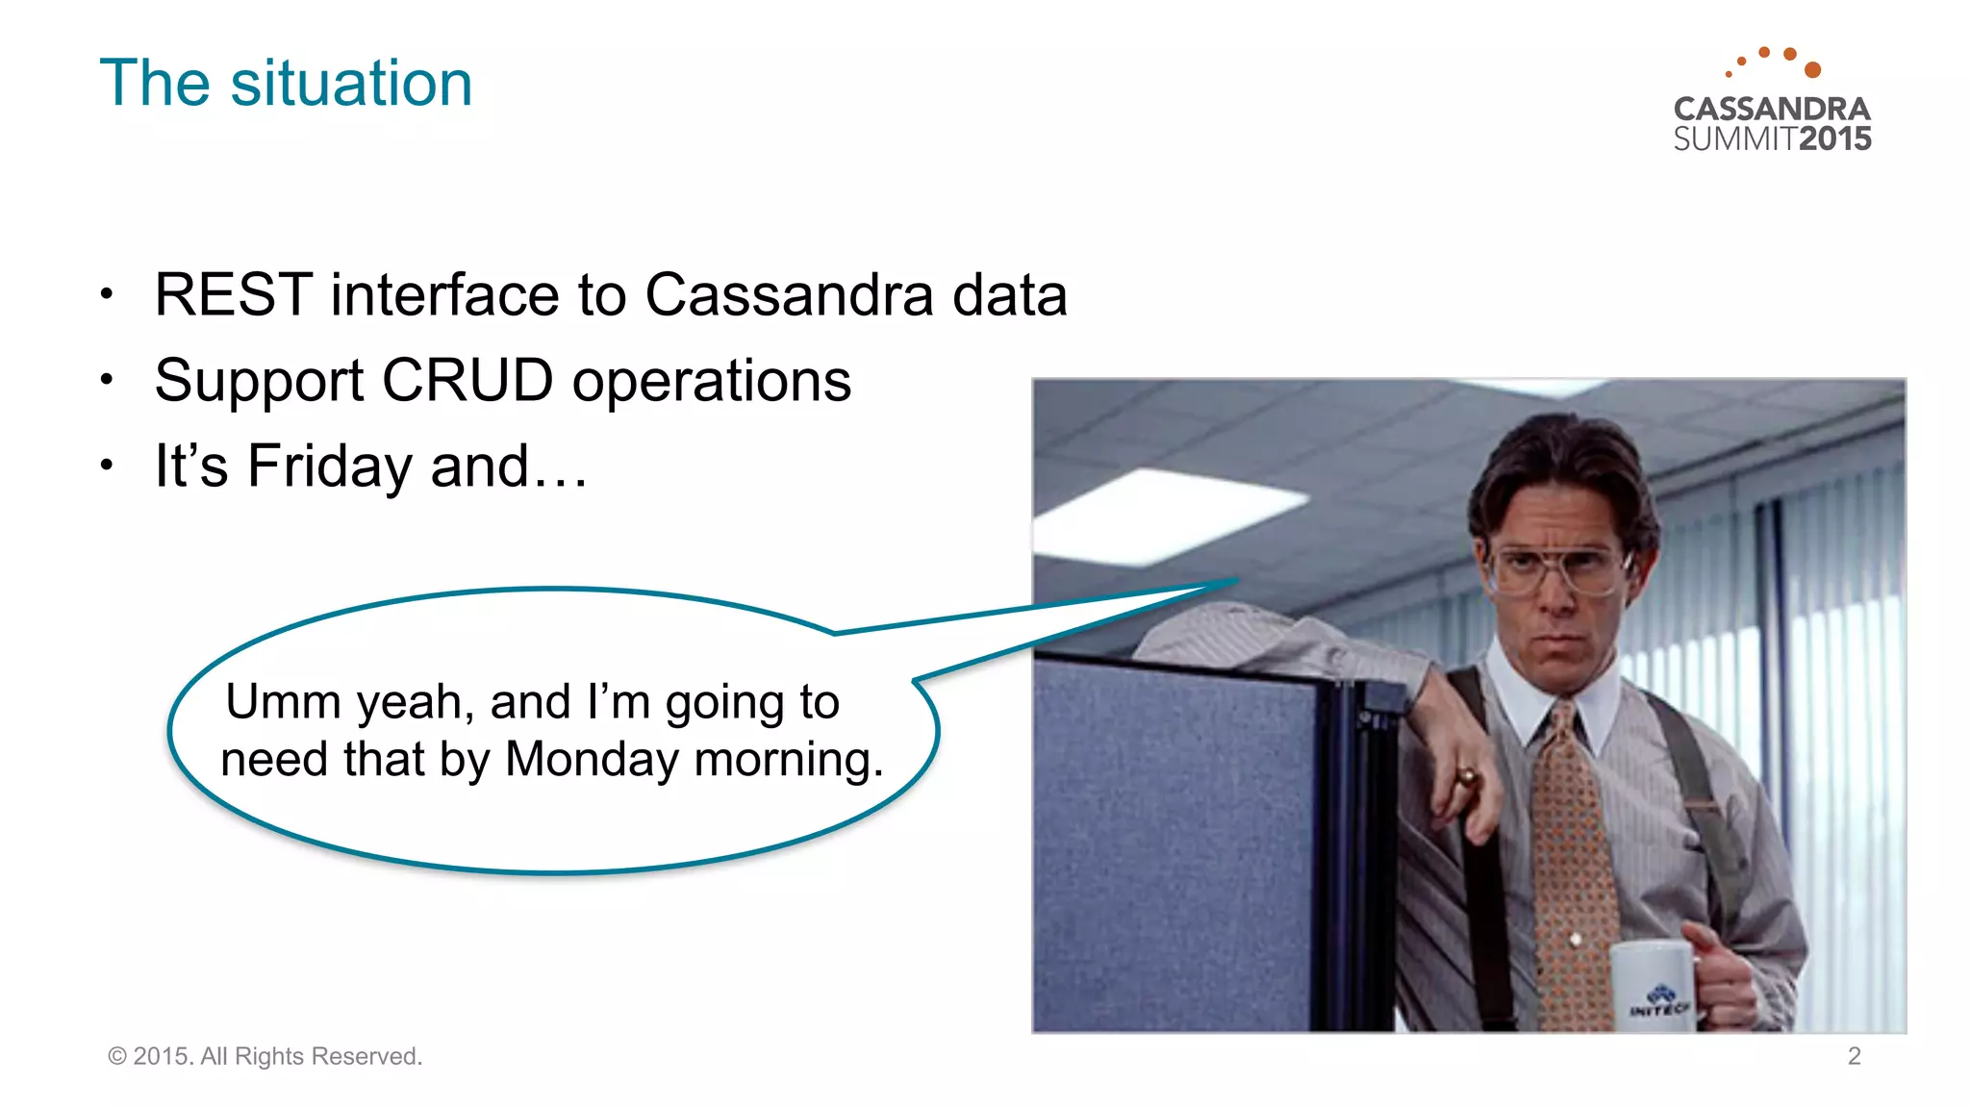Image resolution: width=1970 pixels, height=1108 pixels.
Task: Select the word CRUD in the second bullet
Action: point(467,380)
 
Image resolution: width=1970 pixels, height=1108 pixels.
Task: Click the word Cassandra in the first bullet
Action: point(789,294)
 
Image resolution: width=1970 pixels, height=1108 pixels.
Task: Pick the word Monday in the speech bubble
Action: point(592,759)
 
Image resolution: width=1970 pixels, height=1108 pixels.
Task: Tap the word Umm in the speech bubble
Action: point(283,701)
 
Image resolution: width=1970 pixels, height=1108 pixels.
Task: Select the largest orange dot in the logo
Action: point(1812,69)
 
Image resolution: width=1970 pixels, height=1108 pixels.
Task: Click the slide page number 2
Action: point(1854,1056)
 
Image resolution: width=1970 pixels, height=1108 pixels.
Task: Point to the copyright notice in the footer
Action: point(265,1056)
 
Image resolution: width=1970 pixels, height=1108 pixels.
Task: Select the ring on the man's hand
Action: point(1467,775)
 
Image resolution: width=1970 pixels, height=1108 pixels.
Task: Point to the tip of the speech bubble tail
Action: point(1235,580)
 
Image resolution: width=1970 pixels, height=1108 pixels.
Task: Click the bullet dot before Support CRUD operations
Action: point(107,380)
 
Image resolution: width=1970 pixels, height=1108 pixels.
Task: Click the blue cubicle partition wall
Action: point(1174,846)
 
